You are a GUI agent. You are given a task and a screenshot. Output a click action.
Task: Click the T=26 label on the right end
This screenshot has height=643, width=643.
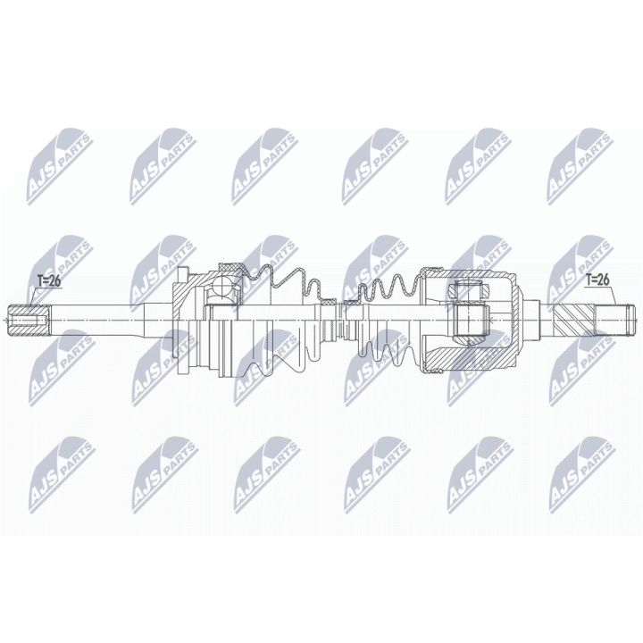click(x=597, y=280)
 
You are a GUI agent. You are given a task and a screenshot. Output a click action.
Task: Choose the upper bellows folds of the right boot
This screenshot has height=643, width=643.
click(x=388, y=286)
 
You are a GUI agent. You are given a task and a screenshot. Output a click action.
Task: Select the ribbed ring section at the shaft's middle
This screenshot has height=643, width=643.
click(x=334, y=321)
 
